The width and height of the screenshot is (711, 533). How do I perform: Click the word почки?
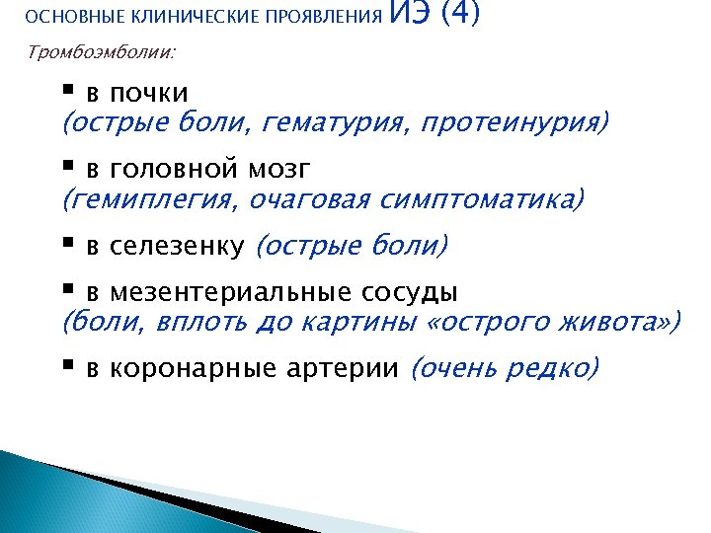coord(149,94)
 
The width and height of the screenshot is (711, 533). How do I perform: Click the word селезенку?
coord(177,246)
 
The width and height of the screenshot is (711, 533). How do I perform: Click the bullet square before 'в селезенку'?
coord(68,244)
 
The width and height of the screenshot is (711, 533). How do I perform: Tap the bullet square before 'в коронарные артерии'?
coord(68,366)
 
